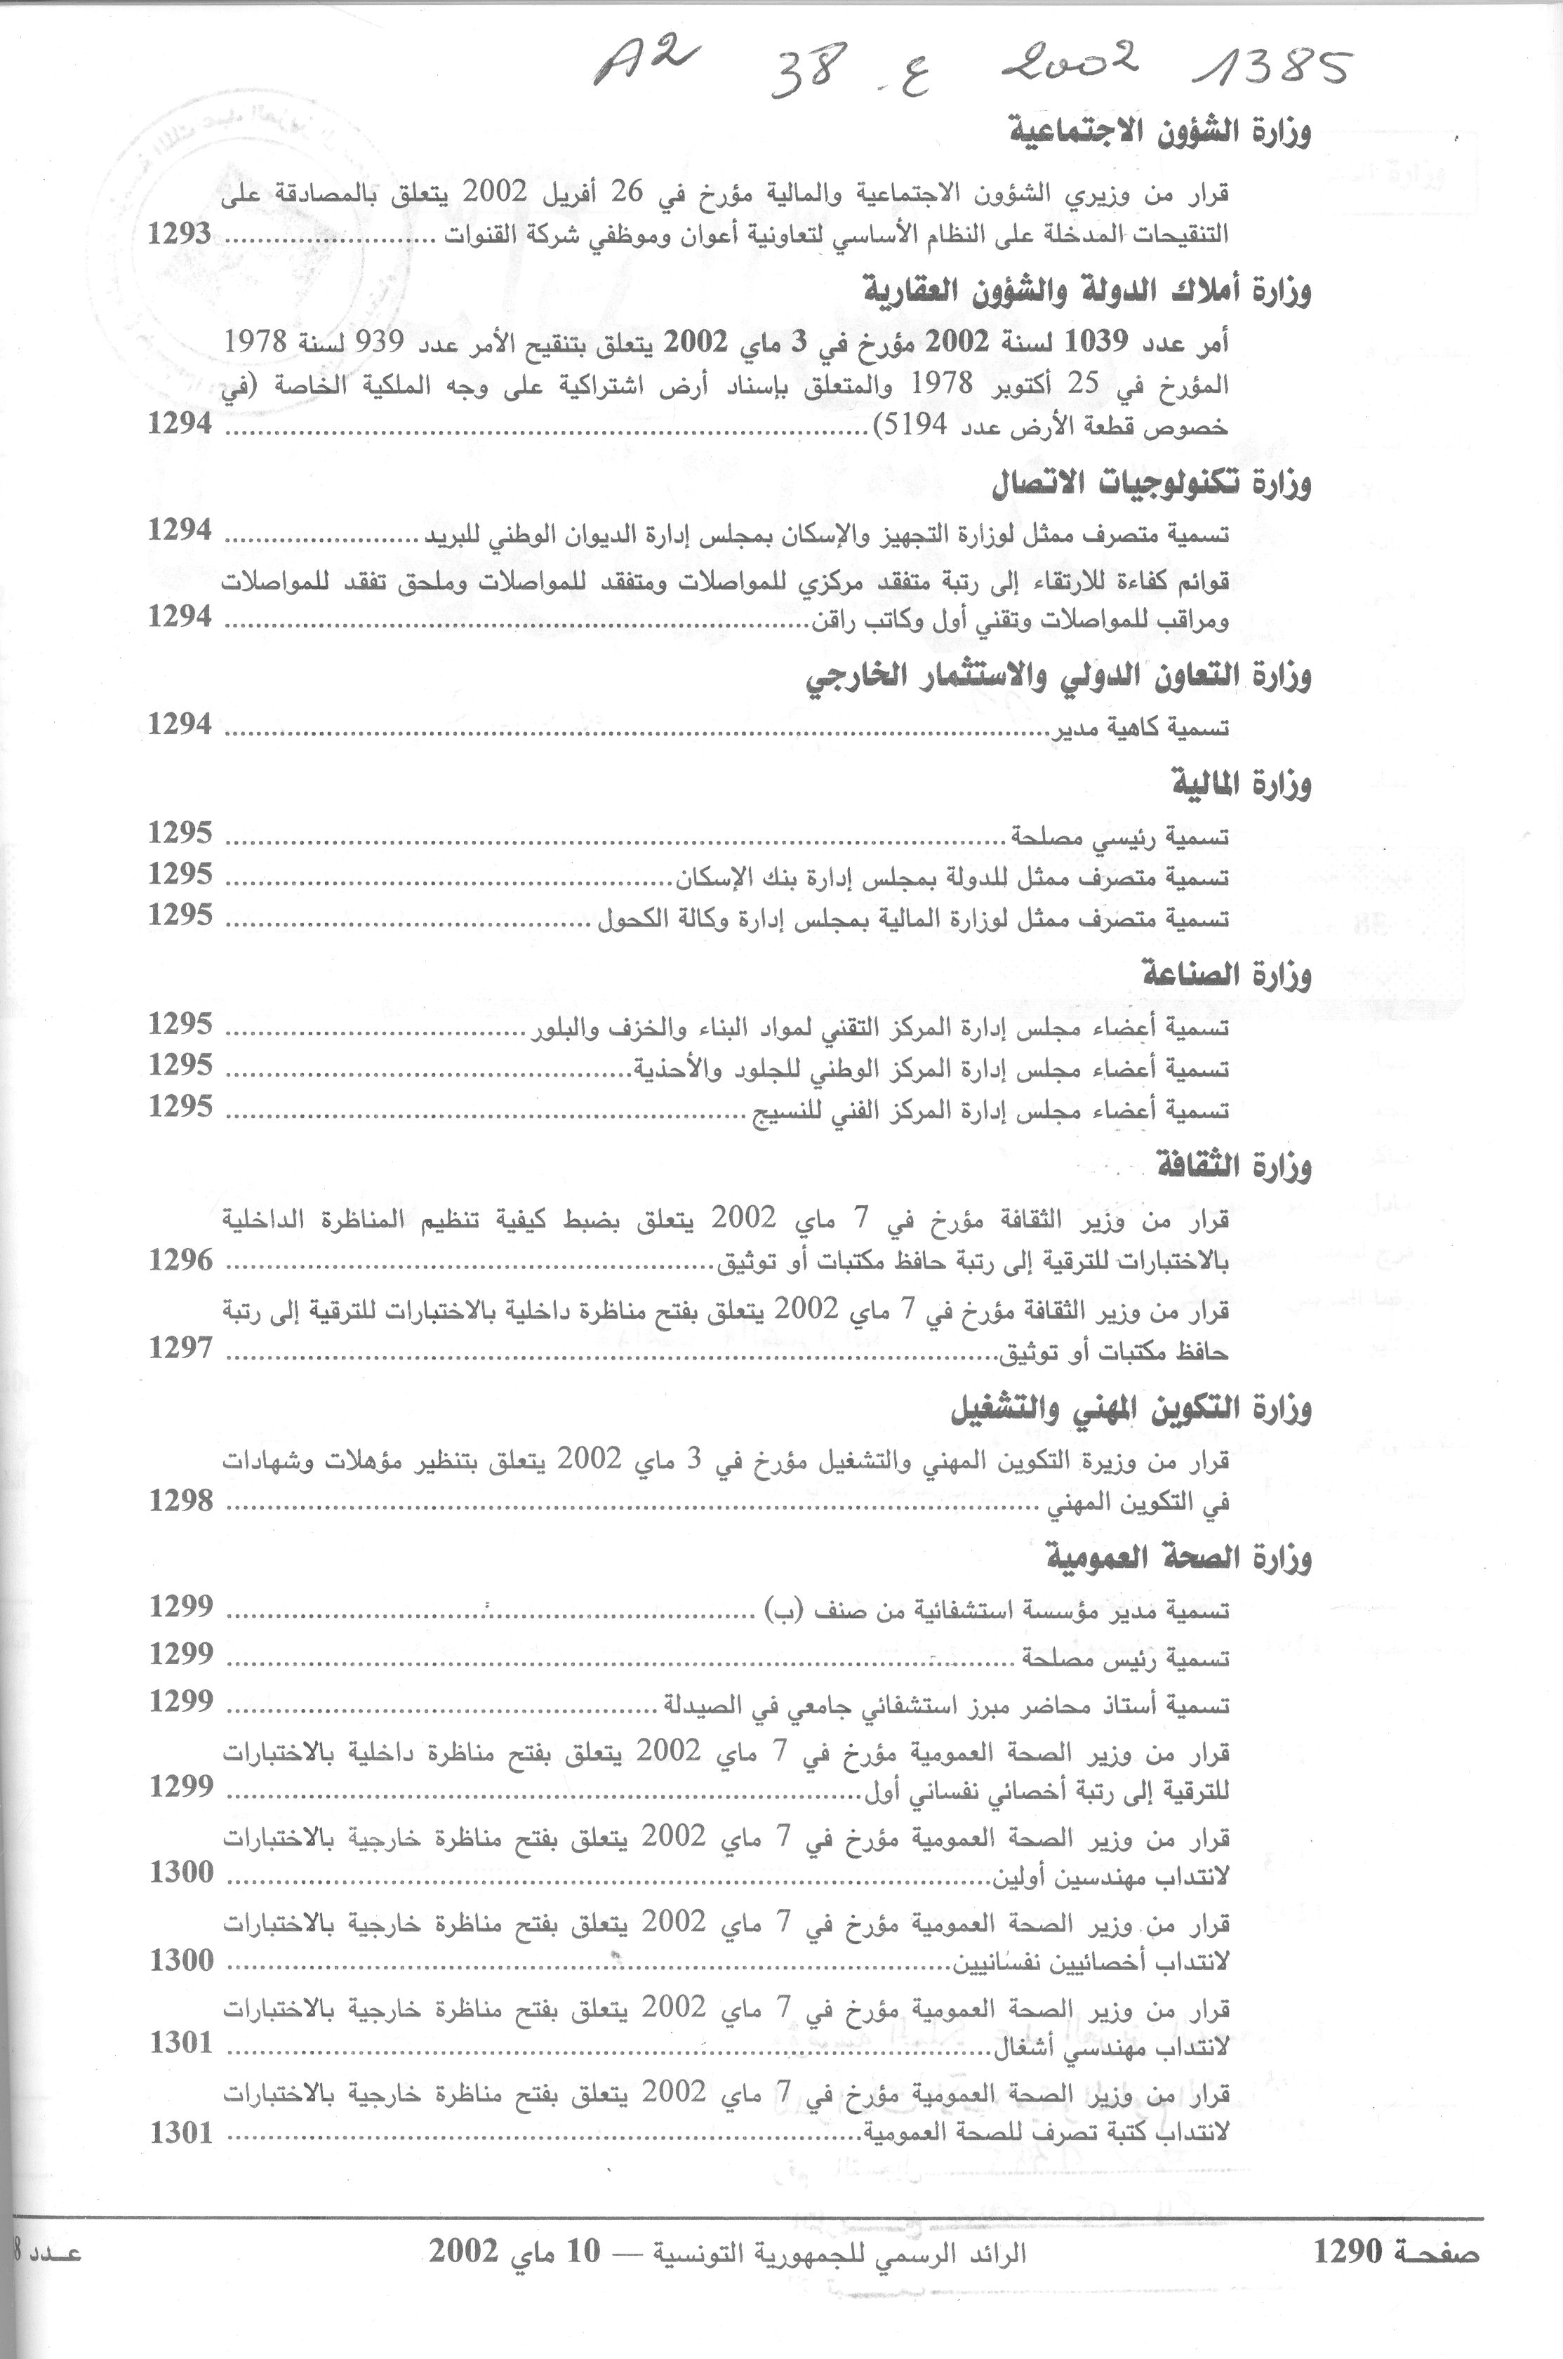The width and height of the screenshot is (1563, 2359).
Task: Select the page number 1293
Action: tap(180, 234)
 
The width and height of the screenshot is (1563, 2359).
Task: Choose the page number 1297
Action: tap(180, 1348)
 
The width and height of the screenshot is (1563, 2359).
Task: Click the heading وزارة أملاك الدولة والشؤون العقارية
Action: tap(1086, 291)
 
